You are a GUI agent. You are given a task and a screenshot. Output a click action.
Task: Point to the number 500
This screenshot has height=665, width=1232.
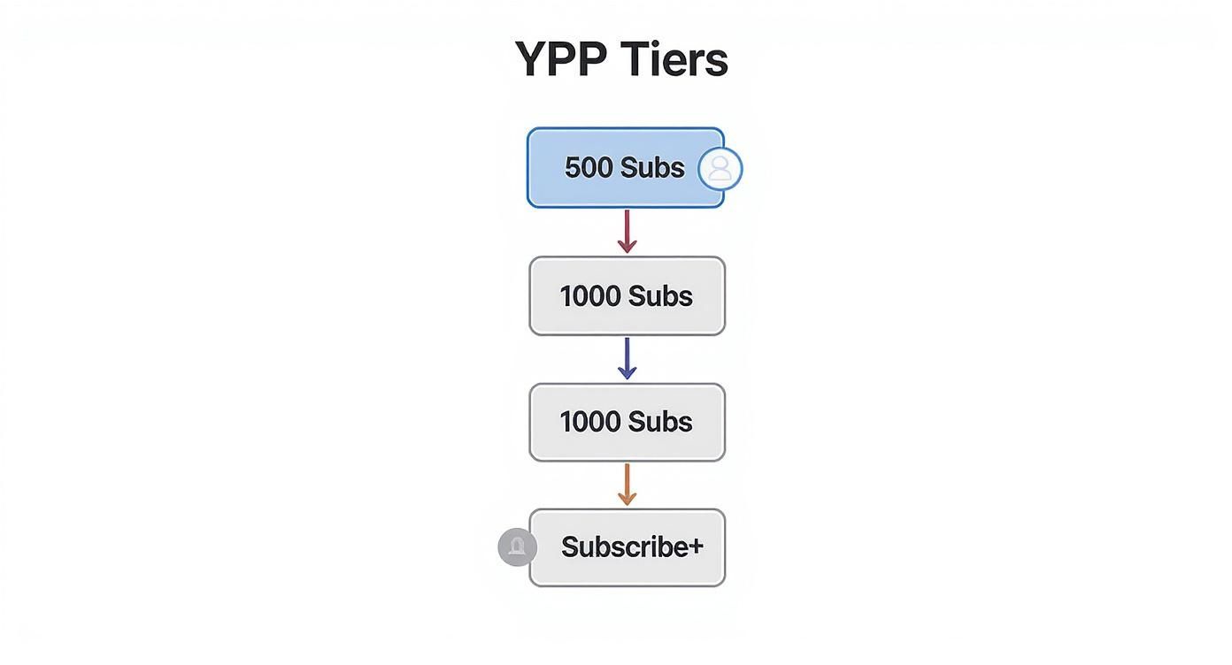588,167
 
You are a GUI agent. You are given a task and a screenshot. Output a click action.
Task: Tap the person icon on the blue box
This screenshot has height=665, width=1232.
720,169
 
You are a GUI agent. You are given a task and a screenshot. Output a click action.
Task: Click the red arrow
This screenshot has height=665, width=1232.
627,228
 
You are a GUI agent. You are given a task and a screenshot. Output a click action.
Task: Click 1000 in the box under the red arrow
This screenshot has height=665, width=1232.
589,296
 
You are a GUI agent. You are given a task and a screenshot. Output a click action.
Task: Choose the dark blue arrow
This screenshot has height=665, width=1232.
627,355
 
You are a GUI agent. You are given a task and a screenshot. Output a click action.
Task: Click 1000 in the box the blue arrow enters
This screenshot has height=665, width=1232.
589,422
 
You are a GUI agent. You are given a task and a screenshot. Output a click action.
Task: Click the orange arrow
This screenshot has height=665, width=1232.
627,482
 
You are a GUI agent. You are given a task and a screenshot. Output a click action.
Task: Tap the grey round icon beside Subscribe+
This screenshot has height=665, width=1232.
517,547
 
